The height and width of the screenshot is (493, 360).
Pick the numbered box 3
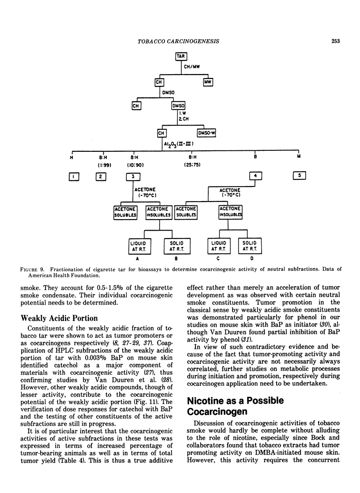pyautogui.click(x=133, y=176)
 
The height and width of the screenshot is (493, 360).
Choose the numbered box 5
pyautogui.click(x=299, y=176)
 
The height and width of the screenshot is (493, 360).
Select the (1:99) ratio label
pyautogui.click(x=103, y=165)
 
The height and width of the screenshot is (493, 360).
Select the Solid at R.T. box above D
pyautogui.click(x=249, y=246)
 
